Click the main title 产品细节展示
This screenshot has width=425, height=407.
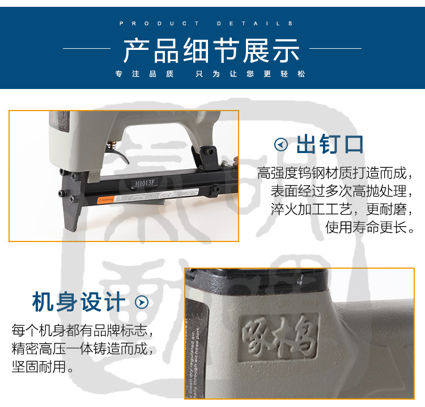click(x=211, y=51)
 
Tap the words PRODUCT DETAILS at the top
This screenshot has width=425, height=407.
click(x=207, y=24)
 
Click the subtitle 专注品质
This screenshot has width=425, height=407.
click(x=144, y=74)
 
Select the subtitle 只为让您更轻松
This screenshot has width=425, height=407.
click(x=250, y=74)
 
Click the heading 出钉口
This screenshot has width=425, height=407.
click(x=330, y=145)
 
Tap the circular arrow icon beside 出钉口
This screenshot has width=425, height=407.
click(x=281, y=145)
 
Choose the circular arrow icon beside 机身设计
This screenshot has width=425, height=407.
click(x=141, y=302)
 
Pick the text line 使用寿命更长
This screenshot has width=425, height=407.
click(x=370, y=228)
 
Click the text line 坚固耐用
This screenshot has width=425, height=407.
click(x=43, y=366)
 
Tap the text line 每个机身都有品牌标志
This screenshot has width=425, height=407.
click(x=83, y=330)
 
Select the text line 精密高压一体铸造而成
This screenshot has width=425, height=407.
click(x=83, y=348)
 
